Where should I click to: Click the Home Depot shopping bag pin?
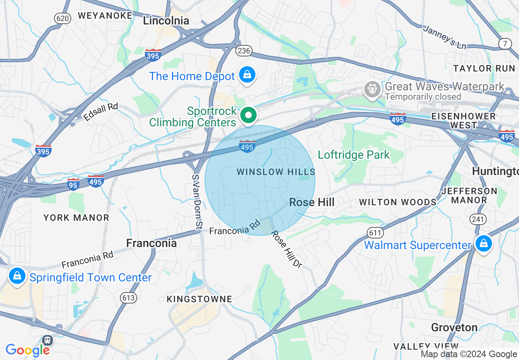(x=247, y=75)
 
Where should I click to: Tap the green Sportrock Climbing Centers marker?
(x=248, y=115)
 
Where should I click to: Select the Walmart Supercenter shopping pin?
(x=483, y=243)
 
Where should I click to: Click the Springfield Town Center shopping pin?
(x=17, y=276)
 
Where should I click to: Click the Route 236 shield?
(x=243, y=51)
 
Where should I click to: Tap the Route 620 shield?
(x=62, y=18)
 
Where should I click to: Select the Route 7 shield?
(x=505, y=43)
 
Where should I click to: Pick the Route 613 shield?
(x=129, y=297)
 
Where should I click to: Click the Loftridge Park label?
(x=354, y=155)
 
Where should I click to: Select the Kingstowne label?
(x=199, y=299)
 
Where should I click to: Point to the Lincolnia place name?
(x=166, y=20)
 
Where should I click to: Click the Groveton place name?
(x=454, y=327)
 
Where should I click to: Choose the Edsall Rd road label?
(x=100, y=112)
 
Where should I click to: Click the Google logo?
(x=28, y=350)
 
